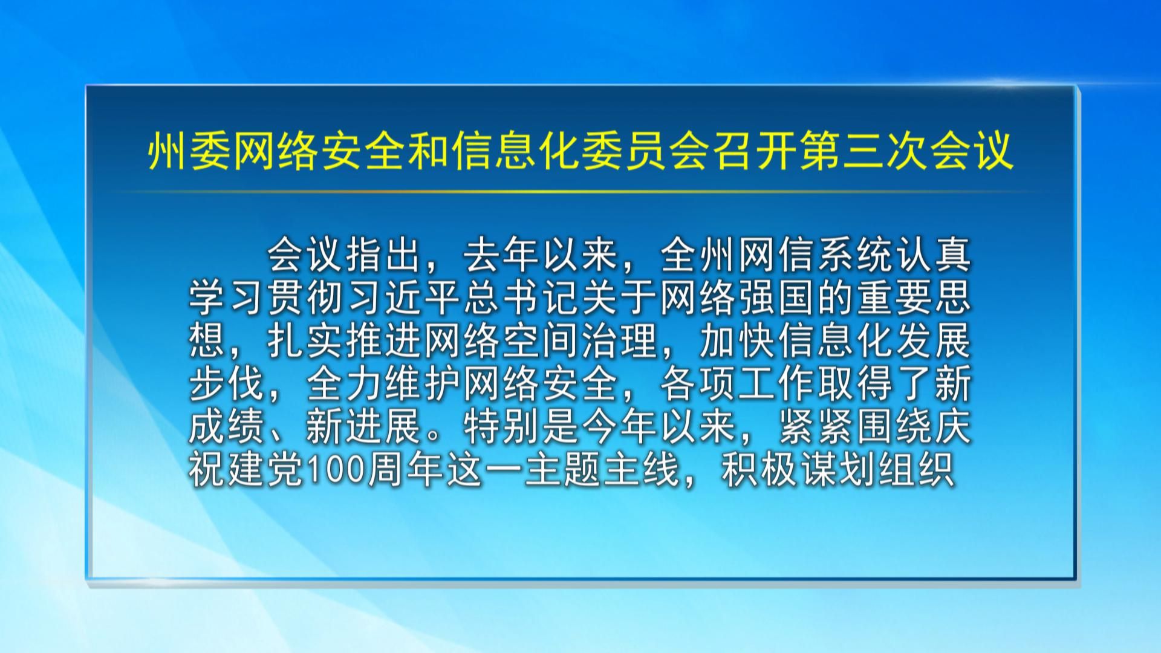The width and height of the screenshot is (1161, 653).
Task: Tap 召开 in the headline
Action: (752, 151)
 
